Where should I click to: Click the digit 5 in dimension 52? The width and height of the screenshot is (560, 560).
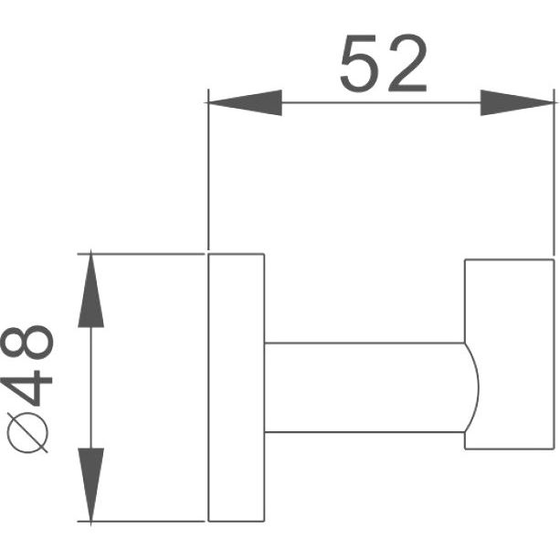pyautogui.click(x=358, y=64)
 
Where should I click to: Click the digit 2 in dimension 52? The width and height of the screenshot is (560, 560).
pyautogui.click(x=407, y=63)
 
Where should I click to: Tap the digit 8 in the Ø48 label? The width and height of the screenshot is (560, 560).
pyautogui.click(x=27, y=343)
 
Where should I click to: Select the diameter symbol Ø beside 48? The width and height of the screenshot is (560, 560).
pyautogui.click(x=27, y=432)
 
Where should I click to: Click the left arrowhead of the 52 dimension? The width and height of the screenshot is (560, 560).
pyautogui.click(x=245, y=103)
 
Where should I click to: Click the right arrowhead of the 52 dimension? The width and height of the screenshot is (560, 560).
pyautogui.click(x=517, y=103)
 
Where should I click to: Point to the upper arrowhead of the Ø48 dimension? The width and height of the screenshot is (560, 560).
pyautogui.click(x=90, y=290)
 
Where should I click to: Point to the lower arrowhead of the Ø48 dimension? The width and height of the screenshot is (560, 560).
pyautogui.click(x=90, y=486)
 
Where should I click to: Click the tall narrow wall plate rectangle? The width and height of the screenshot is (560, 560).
pyautogui.click(x=236, y=387)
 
